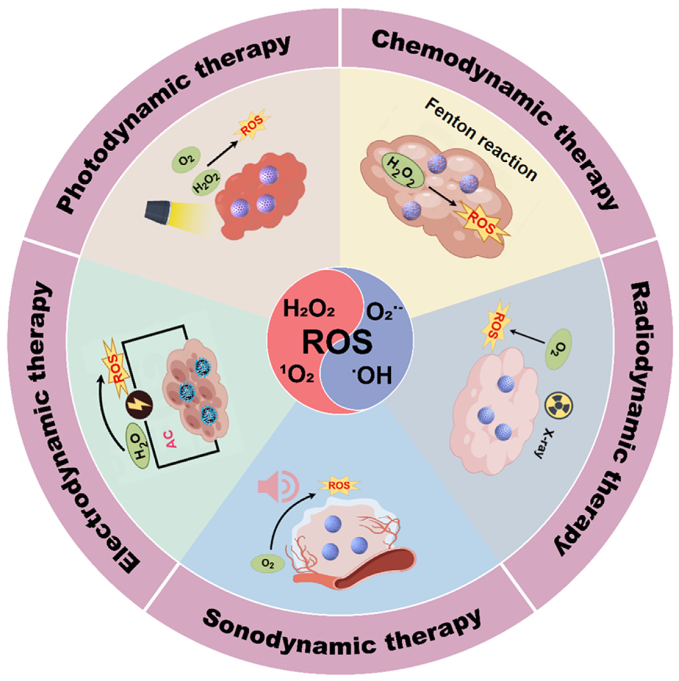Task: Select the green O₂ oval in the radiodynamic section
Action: point(559,349)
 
